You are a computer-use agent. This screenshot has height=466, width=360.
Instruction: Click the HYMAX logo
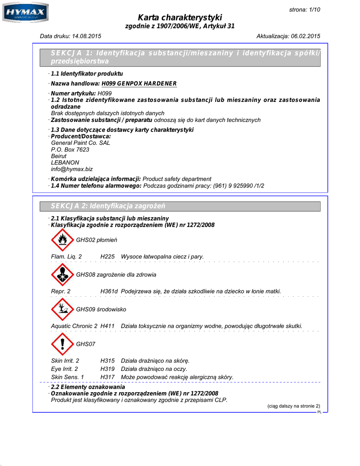[25, 13]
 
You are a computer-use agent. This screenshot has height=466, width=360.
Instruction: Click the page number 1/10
[313, 10]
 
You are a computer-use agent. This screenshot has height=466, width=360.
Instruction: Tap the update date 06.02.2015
[304, 36]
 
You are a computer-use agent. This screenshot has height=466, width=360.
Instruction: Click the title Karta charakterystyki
[180, 17]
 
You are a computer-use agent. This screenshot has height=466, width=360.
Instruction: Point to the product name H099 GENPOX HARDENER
[139, 84]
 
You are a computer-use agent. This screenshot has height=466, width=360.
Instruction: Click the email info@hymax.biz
[72, 169]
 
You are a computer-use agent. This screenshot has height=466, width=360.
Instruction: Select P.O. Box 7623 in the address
[70, 149]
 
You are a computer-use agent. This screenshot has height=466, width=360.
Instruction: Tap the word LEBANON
[65, 162]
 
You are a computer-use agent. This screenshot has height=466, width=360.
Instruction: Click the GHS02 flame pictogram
[62, 240]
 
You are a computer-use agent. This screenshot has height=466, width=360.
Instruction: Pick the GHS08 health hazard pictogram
[62, 274]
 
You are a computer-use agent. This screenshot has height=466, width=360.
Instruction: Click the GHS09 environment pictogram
[62, 309]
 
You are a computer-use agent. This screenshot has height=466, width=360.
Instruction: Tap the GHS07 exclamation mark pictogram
[62, 344]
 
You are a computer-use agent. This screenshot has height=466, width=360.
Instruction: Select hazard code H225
[107, 257]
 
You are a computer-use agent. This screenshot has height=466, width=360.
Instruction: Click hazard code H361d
[109, 291]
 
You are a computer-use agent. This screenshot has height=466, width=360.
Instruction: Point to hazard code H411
[107, 326]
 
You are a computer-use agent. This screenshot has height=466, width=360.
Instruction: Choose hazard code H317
[107, 377]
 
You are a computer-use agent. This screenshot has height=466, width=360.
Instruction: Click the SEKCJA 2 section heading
[108, 207]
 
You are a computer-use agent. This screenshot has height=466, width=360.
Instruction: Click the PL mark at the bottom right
[319, 411]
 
